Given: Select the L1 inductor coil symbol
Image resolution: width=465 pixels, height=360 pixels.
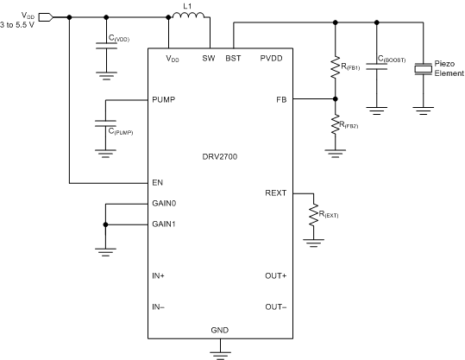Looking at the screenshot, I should click(189, 16).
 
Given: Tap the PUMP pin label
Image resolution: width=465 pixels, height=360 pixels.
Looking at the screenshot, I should click(164, 100).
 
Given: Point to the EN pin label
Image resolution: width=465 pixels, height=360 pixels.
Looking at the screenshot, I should click(157, 183).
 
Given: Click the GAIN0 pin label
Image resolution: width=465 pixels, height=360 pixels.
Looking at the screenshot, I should click(165, 205).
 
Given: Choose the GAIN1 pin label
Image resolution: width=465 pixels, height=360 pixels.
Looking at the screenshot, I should click(165, 224).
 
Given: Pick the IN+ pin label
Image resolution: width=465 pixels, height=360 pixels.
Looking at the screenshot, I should click(159, 276).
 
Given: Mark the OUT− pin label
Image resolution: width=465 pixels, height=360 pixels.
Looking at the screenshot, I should click(276, 307).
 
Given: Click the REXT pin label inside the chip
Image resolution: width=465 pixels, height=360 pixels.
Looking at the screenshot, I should click(276, 193).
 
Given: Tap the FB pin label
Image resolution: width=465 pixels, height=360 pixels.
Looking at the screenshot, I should click(281, 100).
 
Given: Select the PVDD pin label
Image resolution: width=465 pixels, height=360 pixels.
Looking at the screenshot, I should click(272, 58).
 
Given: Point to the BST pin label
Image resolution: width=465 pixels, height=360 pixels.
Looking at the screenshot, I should click(233, 58).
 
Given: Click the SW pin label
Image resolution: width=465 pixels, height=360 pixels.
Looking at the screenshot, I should click(208, 58).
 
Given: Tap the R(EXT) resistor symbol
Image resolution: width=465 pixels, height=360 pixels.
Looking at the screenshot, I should click(311, 213).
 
